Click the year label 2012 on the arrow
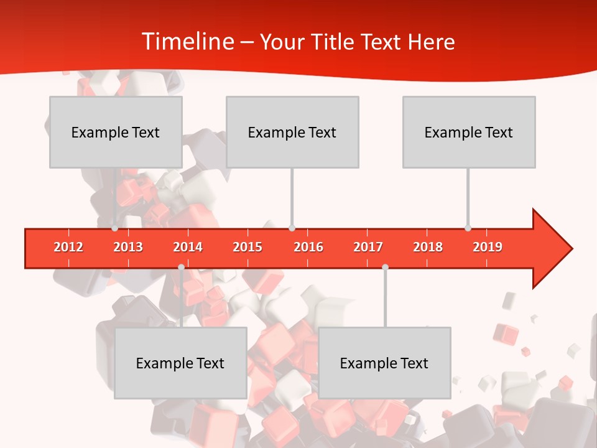click(x=68, y=247)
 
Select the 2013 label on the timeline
click(x=128, y=247)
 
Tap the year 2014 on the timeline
click(x=188, y=247)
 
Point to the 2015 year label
click(x=248, y=247)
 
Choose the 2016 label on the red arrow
click(x=308, y=247)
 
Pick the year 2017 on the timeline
click(x=368, y=247)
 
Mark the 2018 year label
click(x=428, y=247)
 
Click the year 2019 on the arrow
click(x=488, y=247)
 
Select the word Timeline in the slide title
click(x=187, y=42)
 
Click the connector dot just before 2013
click(x=114, y=228)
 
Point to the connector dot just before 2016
click(x=292, y=228)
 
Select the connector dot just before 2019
click(x=468, y=228)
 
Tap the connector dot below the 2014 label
click(x=181, y=267)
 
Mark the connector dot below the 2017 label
click(x=385, y=267)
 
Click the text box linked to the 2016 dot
click(x=292, y=132)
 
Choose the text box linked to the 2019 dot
click(x=469, y=132)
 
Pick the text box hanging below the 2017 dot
click(x=384, y=363)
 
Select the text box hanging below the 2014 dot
click(x=180, y=363)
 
